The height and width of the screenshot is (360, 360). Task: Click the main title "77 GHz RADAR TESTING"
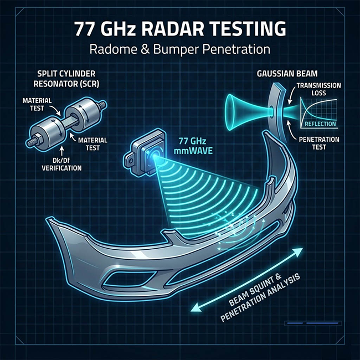point(181,29)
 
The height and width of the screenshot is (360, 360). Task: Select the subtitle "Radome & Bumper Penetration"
point(180,49)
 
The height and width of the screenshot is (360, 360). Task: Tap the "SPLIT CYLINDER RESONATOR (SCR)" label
point(66,79)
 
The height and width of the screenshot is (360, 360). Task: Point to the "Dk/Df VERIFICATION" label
point(61,164)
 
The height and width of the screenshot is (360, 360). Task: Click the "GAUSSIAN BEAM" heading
point(287,74)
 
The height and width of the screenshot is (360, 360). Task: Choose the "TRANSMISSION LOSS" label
point(318,89)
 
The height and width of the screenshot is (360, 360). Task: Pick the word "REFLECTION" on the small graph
point(320,124)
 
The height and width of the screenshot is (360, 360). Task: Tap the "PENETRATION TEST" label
point(319,143)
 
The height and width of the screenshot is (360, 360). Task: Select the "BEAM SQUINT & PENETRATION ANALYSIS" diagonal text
point(260,297)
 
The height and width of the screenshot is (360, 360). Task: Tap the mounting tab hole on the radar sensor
point(130,161)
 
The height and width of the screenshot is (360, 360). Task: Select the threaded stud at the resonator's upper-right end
point(101,105)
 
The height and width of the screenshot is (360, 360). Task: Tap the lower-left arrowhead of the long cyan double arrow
point(196,308)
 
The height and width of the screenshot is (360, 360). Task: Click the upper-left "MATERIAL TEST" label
point(37,104)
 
